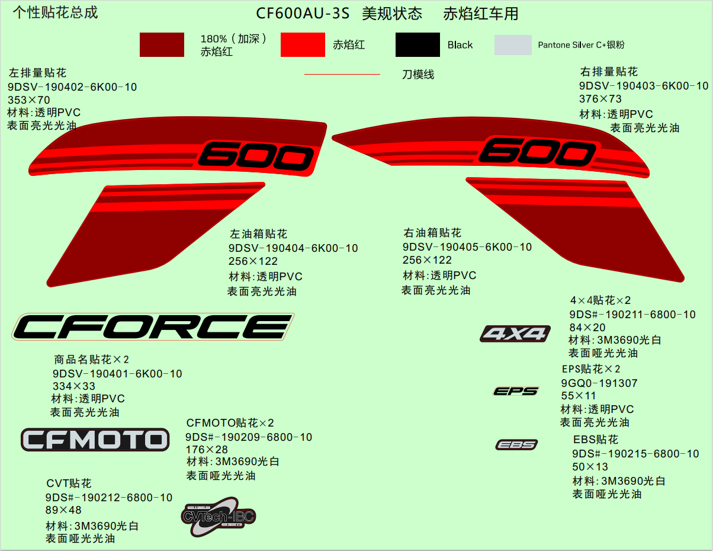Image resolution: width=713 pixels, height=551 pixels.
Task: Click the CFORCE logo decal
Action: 153,326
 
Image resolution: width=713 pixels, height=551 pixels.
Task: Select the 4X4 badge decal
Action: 515,334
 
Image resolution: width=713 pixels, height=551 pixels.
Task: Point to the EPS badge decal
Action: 516,391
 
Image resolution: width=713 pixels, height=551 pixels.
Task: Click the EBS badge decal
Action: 516,444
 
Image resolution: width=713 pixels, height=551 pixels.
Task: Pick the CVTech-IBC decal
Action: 218,517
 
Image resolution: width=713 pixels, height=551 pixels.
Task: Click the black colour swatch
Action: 417,45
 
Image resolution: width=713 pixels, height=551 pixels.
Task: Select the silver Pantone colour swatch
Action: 513,45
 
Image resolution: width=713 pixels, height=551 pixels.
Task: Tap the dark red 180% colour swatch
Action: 162,45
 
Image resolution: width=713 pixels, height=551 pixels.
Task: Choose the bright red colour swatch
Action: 303,45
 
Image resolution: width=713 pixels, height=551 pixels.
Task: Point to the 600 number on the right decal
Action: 537,151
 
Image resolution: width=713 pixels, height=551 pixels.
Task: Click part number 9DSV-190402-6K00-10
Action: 72,87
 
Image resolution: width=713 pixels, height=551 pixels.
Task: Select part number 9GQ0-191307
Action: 599,383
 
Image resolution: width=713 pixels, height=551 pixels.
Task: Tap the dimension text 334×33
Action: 74,386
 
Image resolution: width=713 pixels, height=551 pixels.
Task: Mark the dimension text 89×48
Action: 63,510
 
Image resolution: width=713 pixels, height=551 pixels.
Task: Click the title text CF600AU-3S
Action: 303,14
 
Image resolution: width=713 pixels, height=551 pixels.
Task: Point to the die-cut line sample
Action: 342,75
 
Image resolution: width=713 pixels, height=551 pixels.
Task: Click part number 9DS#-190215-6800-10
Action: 635,454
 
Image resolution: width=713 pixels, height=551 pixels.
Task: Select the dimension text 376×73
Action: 600,99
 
